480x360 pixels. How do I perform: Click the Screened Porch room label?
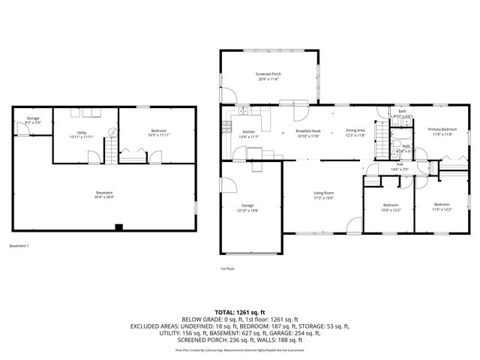(x=267, y=74)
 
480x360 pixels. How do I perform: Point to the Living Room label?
(x=323, y=193)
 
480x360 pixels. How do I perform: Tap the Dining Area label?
(x=355, y=130)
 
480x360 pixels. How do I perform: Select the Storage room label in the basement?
(x=33, y=118)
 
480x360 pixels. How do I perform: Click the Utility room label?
(x=81, y=132)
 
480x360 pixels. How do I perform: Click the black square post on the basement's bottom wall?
(x=118, y=227)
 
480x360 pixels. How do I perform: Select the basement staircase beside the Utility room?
(x=111, y=153)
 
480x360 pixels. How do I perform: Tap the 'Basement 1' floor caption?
(x=19, y=245)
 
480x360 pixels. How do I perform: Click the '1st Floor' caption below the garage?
(x=227, y=268)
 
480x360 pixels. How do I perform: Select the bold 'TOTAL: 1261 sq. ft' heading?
(x=240, y=312)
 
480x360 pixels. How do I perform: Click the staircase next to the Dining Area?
(x=382, y=138)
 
